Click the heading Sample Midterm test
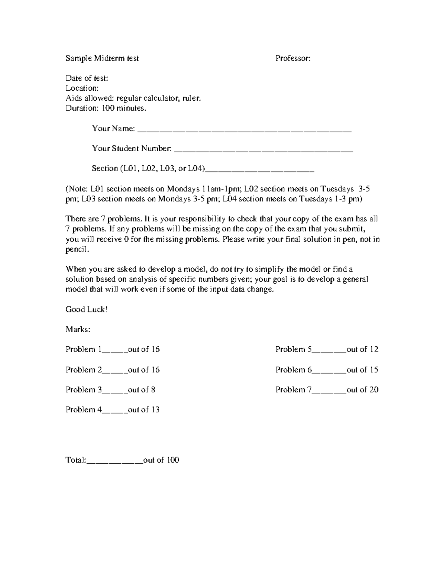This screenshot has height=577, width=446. [102, 58]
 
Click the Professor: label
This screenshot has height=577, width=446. [293, 58]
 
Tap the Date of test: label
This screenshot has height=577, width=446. [87, 78]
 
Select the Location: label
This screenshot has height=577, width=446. [82, 88]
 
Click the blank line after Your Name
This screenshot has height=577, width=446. [244, 131]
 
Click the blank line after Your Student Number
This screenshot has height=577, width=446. [263, 151]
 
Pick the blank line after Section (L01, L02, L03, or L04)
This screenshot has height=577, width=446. [260, 171]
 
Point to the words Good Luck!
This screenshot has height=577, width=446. [87, 309]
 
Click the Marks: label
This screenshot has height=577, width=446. [78, 330]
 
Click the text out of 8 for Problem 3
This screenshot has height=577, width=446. [142, 390]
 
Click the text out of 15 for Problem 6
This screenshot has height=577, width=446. [362, 370]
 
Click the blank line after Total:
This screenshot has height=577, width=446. [114, 462]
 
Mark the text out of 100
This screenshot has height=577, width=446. [161, 460]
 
